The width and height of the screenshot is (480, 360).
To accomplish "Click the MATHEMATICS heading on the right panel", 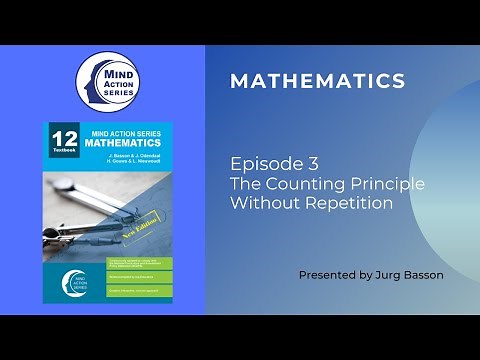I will point(317,81).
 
